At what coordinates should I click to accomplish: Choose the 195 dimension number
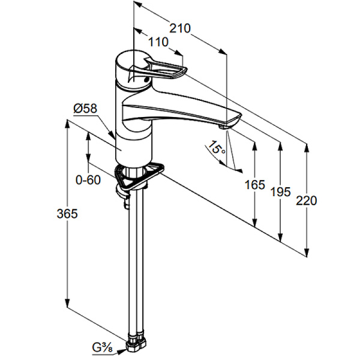(280, 192)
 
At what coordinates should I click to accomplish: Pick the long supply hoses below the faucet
(136, 264)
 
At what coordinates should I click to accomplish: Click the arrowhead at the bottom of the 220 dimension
(307, 250)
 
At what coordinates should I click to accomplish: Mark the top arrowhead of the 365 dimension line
(67, 125)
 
